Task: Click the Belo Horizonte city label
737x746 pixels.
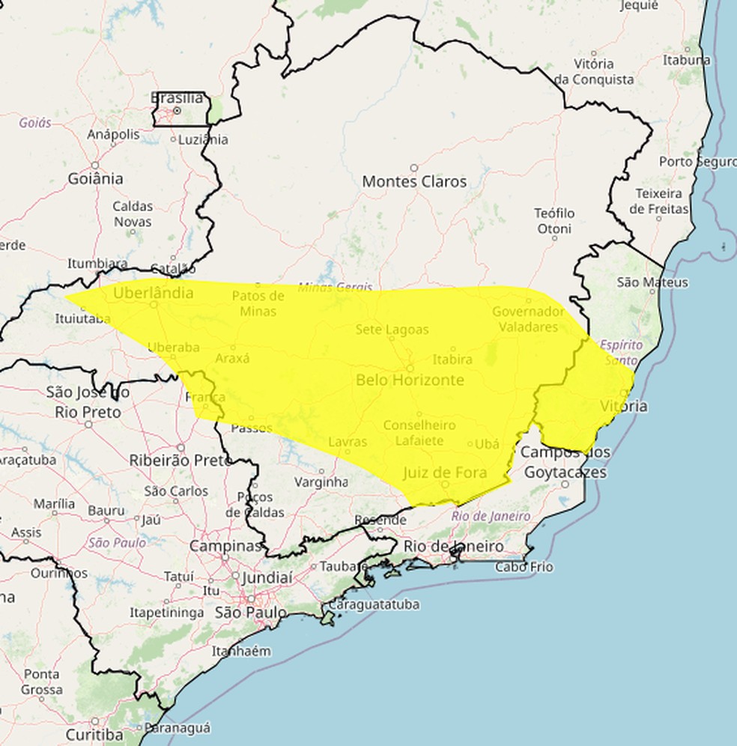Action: [410, 380]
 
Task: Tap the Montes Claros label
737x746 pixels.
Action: [414, 181]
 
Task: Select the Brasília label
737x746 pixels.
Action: [177, 98]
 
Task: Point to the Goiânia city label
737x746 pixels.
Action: [95, 179]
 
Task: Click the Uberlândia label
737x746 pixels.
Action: [153, 293]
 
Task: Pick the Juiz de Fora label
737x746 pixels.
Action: [445, 473]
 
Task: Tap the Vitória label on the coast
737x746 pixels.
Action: [625, 406]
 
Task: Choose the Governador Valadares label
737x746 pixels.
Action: [529, 319]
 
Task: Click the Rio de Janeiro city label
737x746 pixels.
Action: [453, 546]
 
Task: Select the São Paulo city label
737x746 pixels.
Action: [250, 613]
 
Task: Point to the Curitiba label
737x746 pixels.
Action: [94, 733]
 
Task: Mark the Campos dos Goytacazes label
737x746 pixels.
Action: [565, 462]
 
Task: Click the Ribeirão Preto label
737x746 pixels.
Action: [181, 460]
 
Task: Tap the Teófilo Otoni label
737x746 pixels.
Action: [554, 221]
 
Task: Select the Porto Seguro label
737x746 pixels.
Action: [697, 162]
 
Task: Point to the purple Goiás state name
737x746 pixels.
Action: [35, 122]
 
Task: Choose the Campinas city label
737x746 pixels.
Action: [225, 546]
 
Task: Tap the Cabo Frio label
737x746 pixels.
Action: [524, 567]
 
